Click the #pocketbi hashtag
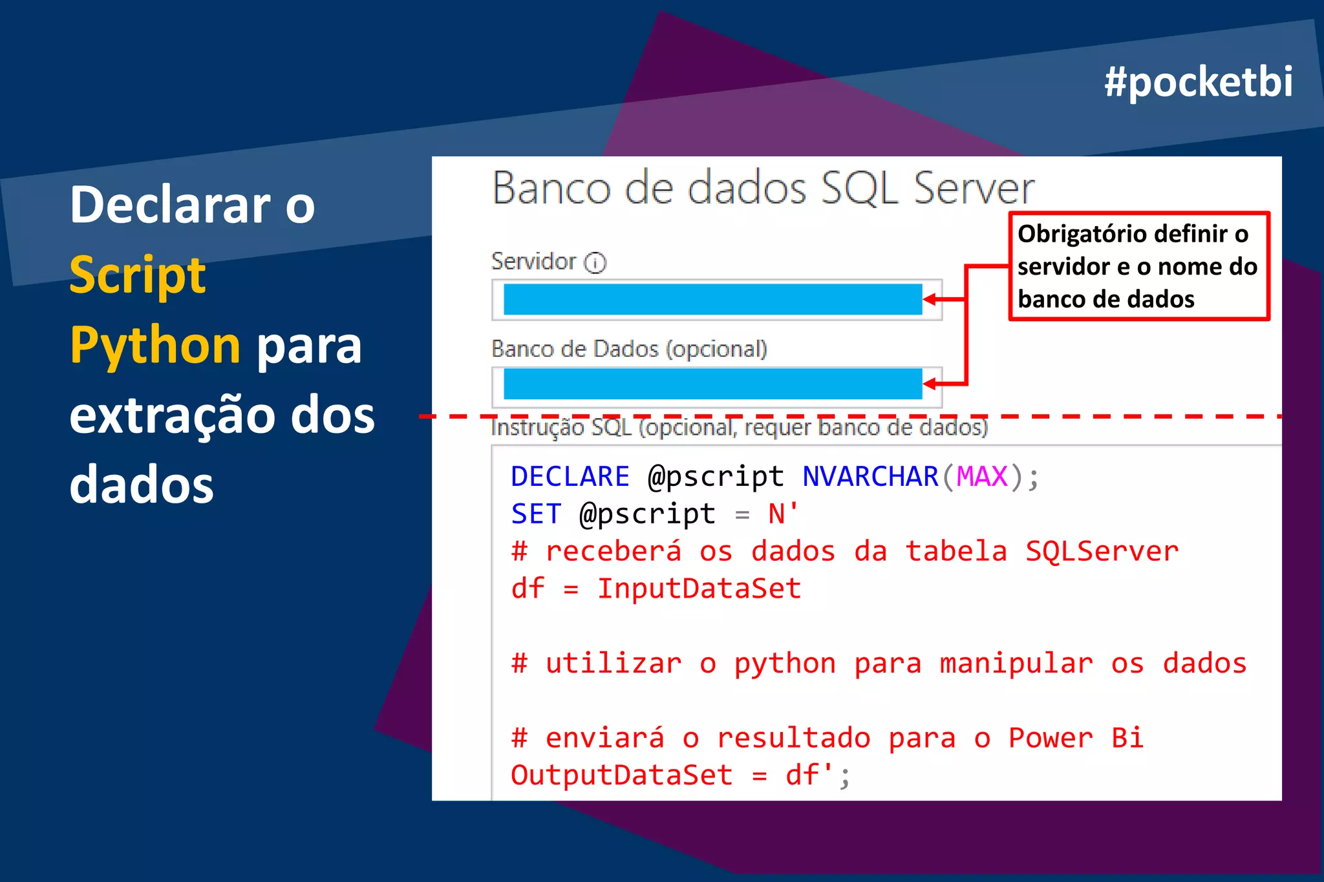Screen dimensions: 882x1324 click(x=1198, y=82)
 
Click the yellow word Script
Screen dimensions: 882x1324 click(x=138, y=275)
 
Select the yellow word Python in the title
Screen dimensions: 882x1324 click(x=155, y=345)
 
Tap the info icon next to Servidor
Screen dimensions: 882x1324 click(x=595, y=263)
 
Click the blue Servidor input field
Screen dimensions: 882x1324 click(x=712, y=299)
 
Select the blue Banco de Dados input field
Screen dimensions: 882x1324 click(x=712, y=384)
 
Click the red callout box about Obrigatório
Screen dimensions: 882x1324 click(x=1138, y=266)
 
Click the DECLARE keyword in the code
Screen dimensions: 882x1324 click(x=570, y=477)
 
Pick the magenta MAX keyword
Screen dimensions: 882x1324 click(x=981, y=477)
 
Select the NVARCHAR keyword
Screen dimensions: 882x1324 click(x=870, y=477)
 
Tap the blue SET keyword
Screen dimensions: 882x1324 click(x=536, y=514)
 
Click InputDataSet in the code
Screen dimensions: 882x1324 click(x=699, y=589)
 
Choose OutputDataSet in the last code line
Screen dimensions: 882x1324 click(x=621, y=775)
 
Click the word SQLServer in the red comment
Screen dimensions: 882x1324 click(x=1102, y=551)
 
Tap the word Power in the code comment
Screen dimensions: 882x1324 click(x=1050, y=738)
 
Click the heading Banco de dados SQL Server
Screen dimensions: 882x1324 click(x=763, y=189)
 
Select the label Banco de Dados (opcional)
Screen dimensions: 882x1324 click(x=629, y=349)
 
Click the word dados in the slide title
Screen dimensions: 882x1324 click(x=141, y=485)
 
